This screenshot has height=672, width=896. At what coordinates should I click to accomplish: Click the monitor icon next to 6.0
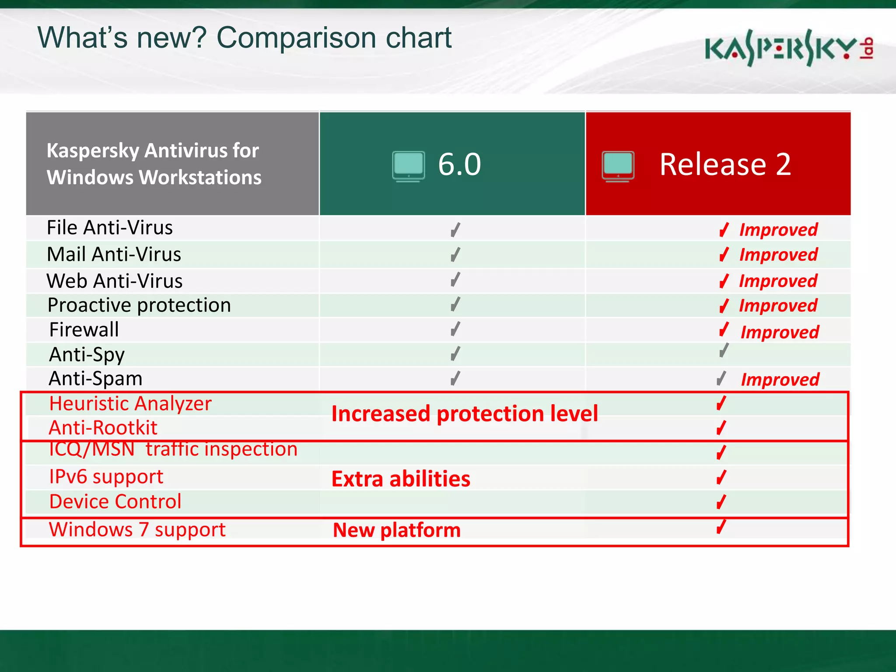click(408, 166)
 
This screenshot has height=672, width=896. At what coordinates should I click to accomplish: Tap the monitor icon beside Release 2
click(618, 166)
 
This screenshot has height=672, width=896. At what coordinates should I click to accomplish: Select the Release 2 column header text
click(725, 164)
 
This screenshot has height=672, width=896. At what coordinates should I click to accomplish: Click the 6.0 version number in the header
click(459, 164)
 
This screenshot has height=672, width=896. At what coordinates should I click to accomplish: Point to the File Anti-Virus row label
click(109, 228)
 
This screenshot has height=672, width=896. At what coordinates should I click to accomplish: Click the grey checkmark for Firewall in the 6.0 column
click(455, 329)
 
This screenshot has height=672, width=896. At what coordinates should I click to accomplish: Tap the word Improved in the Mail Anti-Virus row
click(778, 255)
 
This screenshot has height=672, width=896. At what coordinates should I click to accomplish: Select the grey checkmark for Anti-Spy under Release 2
click(724, 350)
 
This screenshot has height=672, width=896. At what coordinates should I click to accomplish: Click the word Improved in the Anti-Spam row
click(780, 380)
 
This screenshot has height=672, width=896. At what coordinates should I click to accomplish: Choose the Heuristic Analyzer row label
click(130, 403)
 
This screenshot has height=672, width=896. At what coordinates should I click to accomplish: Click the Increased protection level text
click(464, 414)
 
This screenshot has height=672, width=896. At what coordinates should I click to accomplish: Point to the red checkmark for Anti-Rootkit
click(721, 427)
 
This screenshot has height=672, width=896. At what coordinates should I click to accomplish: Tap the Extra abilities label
click(401, 479)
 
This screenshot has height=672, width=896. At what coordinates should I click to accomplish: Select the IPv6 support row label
click(106, 476)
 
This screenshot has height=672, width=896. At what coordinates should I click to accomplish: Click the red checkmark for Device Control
click(721, 502)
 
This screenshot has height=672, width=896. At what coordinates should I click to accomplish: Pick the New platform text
click(396, 530)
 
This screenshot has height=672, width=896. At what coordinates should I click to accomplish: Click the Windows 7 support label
click(137, 530)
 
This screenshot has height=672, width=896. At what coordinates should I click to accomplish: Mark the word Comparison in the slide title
click(296, 38)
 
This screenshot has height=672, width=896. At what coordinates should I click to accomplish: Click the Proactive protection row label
click(139, 305)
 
